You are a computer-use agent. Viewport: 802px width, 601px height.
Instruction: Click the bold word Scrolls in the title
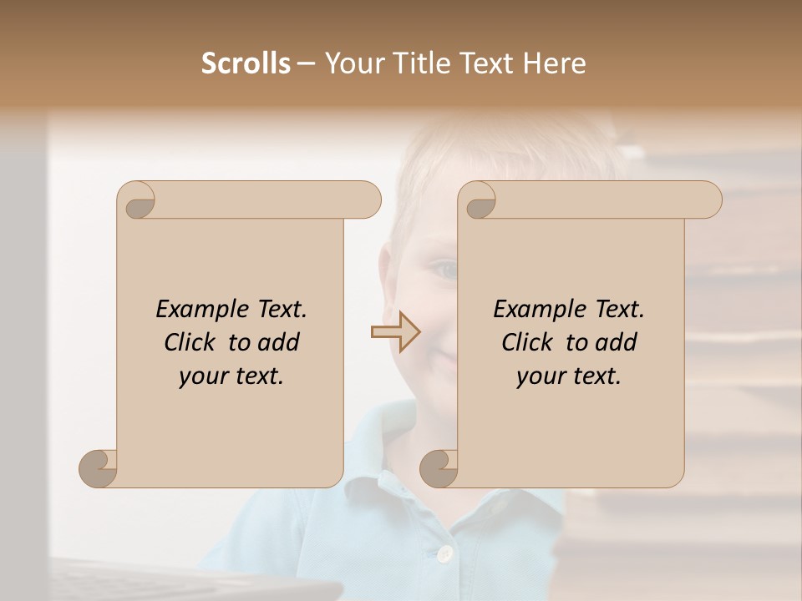pos(246,63)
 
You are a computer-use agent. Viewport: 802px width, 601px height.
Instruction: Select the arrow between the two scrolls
pos(396,332)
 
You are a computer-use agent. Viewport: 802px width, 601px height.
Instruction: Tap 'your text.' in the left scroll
pos(231,376)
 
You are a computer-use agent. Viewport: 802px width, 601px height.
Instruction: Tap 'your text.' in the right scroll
pos(569,376)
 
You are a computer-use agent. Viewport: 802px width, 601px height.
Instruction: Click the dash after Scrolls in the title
pos(307,63)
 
